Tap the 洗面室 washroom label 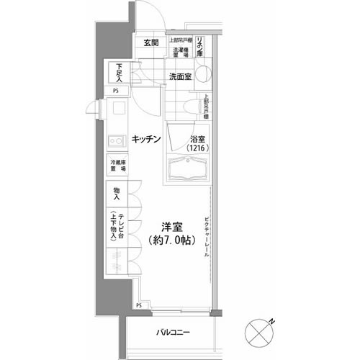[181, 76]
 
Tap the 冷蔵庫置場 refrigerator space [117, 164]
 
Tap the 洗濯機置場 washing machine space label [180, 52]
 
